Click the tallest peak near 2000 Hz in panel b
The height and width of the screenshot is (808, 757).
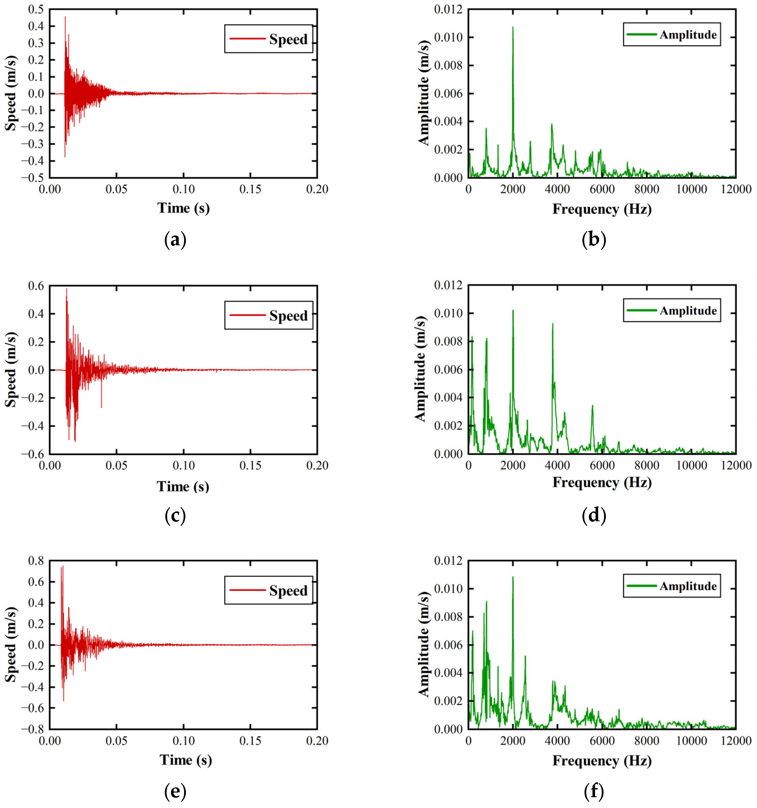tap(512, 28)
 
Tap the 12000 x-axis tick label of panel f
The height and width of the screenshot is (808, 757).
tap(735, 740)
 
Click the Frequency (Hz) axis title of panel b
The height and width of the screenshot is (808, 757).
tap(601, 209)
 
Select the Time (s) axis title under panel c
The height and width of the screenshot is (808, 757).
tap(183, 486)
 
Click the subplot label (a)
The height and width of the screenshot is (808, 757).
tap(175, 240)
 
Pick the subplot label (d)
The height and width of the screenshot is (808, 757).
tap(594, 516)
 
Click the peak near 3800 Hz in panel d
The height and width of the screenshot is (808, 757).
tap(552, 324)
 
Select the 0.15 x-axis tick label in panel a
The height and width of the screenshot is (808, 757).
tap(250, 189)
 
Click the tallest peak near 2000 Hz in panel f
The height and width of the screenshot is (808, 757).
tap(512, 577)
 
